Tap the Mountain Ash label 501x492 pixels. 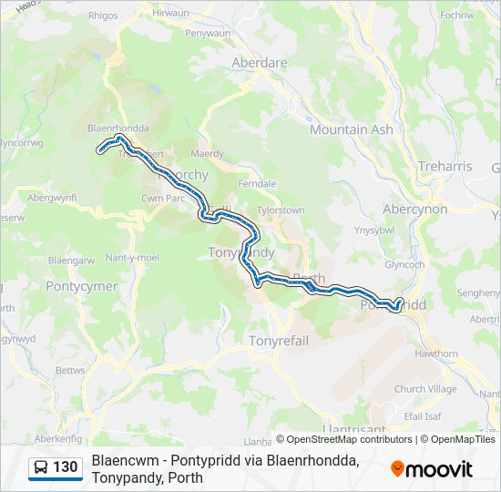(352, 129)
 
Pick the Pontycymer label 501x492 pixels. (81, 285)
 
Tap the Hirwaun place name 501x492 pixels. (171, 13)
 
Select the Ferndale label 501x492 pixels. (256, 183)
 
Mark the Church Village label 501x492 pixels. (425, 389)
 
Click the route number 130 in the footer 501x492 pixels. (65, 467)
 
